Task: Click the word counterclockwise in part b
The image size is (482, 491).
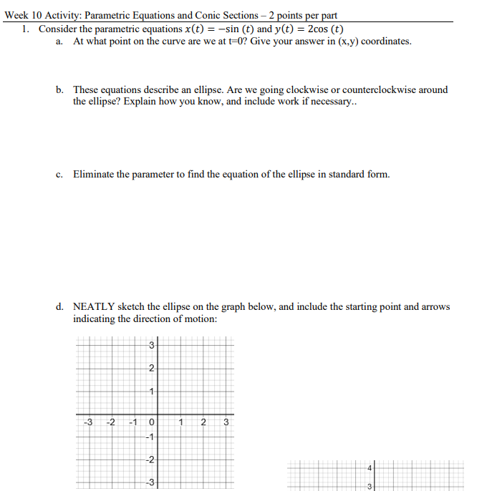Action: [x=387, y=90]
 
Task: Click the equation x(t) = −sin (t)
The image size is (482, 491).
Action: [x=219, y=29]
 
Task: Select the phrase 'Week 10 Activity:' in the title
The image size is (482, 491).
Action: [x=43, y=15]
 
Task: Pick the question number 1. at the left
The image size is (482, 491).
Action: [x=25, y=29]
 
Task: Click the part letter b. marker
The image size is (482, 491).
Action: [x=60, y=90]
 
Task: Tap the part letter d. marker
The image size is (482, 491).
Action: [x=60, y=306]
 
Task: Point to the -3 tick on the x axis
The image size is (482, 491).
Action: [x=87, y=422]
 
